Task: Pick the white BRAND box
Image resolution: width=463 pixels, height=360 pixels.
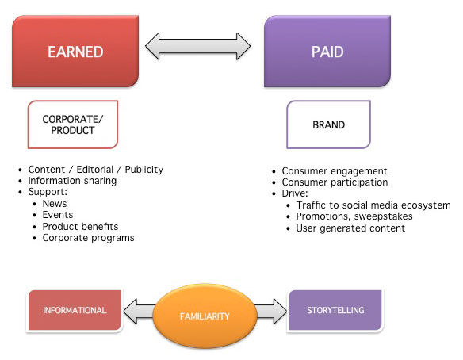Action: point(327,124)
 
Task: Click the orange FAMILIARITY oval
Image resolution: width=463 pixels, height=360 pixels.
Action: point(204,316)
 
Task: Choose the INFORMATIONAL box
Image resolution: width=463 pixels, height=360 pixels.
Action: point(76,310)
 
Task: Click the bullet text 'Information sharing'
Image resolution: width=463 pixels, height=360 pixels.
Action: point(72,180)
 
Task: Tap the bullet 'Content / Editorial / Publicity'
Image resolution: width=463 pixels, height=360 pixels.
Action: point(96,169)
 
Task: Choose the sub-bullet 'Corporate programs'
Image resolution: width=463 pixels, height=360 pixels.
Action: point(88,237)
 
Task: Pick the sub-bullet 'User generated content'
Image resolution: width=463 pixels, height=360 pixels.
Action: point(349,228)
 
